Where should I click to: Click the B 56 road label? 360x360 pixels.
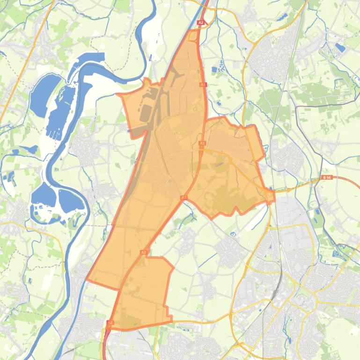pos(327,178)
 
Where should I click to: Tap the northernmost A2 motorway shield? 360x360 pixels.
pos(201,22)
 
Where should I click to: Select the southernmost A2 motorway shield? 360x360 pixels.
pos(110,323)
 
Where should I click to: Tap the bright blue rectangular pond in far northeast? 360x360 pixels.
pos(340,47)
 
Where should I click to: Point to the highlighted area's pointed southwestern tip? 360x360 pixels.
pos(87,279)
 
